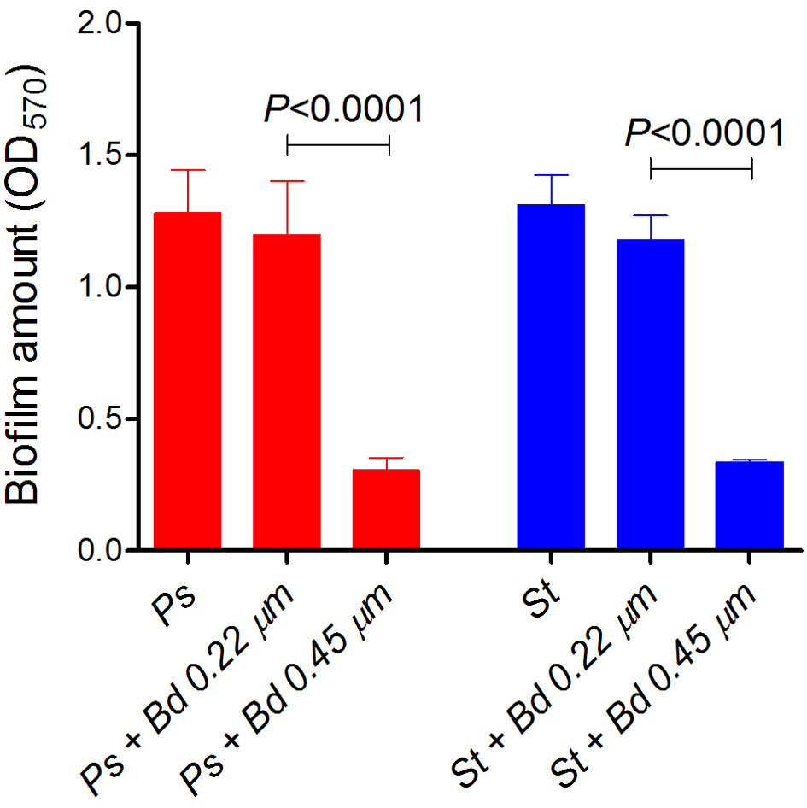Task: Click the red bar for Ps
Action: tap(187, 380)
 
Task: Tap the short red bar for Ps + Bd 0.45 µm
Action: tap(386, 509)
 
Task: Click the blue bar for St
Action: tap(551, 377)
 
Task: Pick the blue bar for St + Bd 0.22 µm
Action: tap(650, 394)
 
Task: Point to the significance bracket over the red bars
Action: tap(338, 144)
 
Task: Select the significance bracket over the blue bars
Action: tap(701, 168)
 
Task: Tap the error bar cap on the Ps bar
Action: tap(187, 170)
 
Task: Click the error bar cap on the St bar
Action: tap(551, 175)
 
